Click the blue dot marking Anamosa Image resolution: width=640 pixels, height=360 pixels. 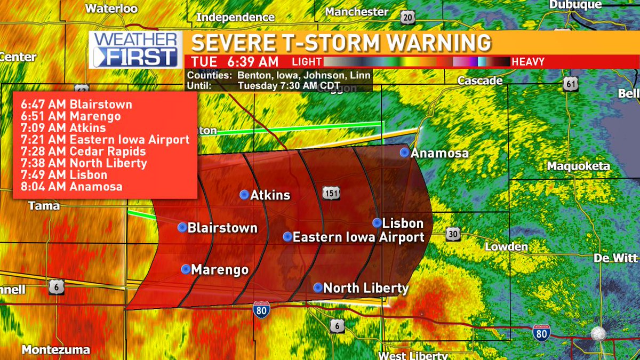coord(405,153)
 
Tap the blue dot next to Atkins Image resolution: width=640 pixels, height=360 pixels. coord(244,194)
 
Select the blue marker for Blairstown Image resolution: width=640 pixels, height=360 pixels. coord(182,228)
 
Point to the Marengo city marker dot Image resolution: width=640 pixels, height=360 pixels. coord(186,269)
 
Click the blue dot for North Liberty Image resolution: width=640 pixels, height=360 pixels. coord(318,288)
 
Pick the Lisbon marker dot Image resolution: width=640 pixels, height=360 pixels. coord(377,223)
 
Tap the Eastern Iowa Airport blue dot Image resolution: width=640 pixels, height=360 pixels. coord(287,236)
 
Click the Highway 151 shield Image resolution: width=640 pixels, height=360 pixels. coord(331,193)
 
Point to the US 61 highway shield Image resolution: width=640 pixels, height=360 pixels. coord(571,83)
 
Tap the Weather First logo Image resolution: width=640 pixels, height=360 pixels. coord(135,50)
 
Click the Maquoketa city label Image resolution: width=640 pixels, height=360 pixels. coord(578,166)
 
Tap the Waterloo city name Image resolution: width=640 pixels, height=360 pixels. coord(111,9)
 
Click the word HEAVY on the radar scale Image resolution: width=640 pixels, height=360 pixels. coord(528,62)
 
